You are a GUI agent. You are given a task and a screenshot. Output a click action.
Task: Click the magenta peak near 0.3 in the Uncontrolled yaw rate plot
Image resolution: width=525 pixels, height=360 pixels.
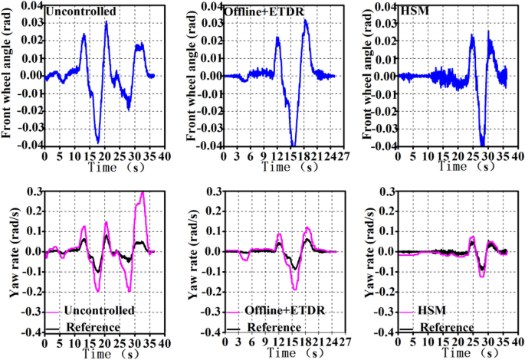pos(142,193)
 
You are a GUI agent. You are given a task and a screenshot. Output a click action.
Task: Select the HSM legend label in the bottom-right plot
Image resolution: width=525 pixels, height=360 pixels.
pos(429,311)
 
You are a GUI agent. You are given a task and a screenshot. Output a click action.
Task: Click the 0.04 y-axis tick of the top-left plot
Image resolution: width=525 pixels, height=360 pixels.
pos(30,5)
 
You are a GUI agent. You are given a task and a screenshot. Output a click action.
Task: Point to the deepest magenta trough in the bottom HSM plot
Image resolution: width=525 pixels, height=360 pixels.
pos(481,275)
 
